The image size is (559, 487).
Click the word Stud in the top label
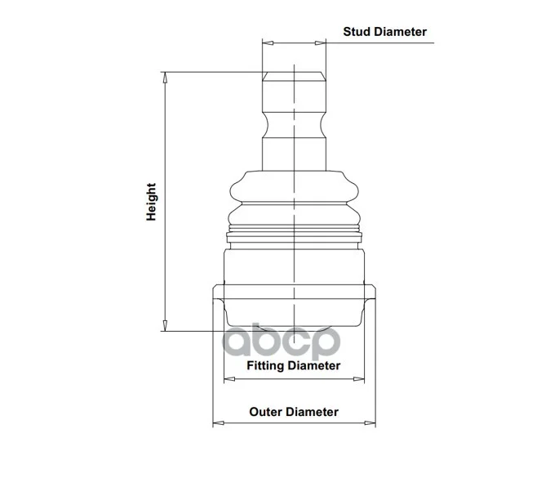pyautogui.click(x=355, y=32)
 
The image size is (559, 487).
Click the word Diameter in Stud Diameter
pyautogui.click(x=398, y=32)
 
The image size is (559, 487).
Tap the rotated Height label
pyautogui.click(x=151, y=202)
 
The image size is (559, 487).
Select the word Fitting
pyautogui.click(x=265, y=365)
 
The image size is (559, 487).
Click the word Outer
pyautogui.click(x=264, y=412)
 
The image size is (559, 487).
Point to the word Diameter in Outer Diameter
pyautogui.click(x=310, y=412)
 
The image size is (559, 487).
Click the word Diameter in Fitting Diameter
pyautogui.click(x=313, y=365)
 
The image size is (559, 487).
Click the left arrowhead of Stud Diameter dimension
pyautogui.click(x=268, y=43)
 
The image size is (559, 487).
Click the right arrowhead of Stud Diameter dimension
pyautogui.click(x=321, y=43)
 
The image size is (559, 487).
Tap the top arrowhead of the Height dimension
pyautogui.click(x=165, y=78)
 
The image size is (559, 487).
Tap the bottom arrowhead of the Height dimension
pyautogui.click(x=165, y=325)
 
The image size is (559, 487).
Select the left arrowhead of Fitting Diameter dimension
pyautogui.click(x=229, y=379)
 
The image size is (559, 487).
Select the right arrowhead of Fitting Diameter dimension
pyautogui.click(x=358, y=379)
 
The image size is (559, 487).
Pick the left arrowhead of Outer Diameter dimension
pyautogui.click(x=219, y=423)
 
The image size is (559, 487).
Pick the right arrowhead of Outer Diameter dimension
pyautogui.click(x=370, y=423)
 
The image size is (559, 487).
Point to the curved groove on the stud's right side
pyautogui.click(x=323, y=125)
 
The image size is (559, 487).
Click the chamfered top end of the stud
pyautogui.click(x=294, y=76)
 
